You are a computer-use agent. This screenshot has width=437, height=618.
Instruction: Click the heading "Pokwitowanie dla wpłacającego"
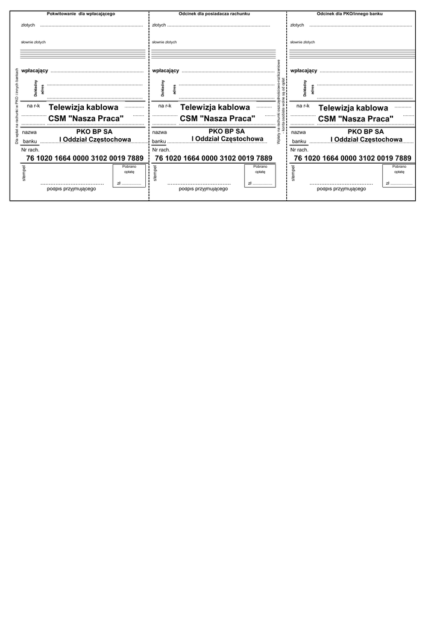point(81,13)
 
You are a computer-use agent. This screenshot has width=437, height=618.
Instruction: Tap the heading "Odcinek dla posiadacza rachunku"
point(214,13)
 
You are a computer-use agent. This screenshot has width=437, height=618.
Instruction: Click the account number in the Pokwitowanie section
point(85,158)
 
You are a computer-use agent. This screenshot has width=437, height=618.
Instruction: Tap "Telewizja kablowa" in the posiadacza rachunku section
point(215,107)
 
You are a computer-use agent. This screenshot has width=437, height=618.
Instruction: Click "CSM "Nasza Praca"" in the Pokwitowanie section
point(86,118)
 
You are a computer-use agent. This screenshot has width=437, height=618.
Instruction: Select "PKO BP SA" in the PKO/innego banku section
point(365,131)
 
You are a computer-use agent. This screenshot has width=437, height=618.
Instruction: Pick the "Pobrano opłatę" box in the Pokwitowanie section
point(129,176)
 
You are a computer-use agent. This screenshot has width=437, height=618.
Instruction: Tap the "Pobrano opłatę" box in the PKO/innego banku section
point(399,176)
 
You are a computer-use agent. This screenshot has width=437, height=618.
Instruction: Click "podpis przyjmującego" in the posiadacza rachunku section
point(203,188)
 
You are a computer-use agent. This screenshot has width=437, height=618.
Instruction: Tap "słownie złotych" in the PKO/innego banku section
point(303,42)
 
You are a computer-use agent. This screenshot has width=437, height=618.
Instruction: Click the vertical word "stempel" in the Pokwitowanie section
point(24,174)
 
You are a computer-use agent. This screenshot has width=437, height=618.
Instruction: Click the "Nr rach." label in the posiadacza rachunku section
point(162,149)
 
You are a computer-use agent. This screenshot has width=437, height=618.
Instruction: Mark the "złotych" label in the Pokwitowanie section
point(28,25)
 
